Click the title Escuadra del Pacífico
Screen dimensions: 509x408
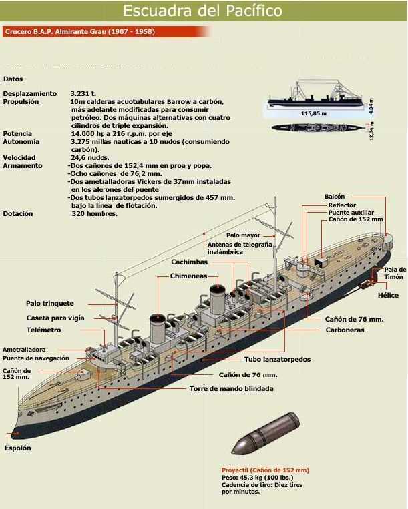click(x=203, y=11)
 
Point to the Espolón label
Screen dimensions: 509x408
click(x=18, y=448)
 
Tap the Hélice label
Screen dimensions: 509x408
click(x=387, y=295)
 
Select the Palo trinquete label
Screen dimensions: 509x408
click(x=50, y=303)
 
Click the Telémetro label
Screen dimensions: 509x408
click(x=43, y=330)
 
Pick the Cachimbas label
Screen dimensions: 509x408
click(x=190, y=262)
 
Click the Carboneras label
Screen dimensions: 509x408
click(x=345, y=330)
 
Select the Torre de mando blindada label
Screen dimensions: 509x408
click(x=231, y=388)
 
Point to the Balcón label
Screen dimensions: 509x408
click(x=335, y=197)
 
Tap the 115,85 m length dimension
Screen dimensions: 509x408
click(x=314, y=114)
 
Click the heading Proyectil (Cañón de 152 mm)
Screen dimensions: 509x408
click(x=265, y=470)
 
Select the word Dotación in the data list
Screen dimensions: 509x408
click(x=18, y=213)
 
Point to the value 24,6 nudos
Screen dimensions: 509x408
click(x=89, y=157)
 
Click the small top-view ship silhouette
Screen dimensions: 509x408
click(x=315, y=127)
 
